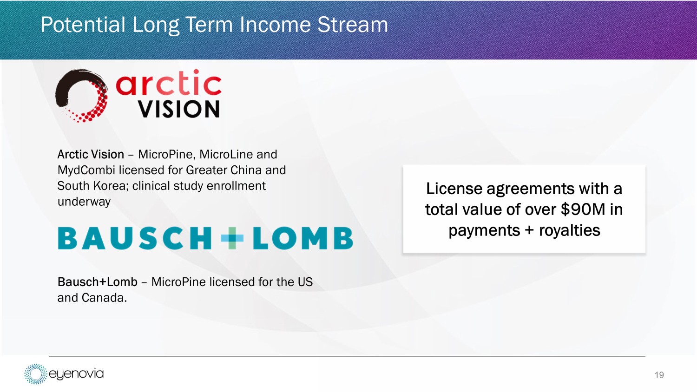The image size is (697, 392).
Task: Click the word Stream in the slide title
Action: pos(352,25)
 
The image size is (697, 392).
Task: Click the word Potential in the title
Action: pos(83,25)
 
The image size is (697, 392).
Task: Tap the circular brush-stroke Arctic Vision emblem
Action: pos(82,96)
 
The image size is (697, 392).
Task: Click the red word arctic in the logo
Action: pos(169,82)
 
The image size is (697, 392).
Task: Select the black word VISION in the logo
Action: pos(179,109)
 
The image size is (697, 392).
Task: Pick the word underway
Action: pos(84,202)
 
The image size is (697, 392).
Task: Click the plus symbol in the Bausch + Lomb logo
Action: pos(232,238)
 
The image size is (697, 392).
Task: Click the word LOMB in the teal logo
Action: pos(303,238)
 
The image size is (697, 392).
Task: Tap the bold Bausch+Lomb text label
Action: pos(98,282)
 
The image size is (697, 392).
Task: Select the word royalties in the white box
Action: pos(569,230)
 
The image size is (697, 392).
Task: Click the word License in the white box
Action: pos(454,189)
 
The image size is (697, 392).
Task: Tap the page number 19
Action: pos(659,375)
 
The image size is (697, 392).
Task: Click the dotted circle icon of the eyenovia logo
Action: pos(36,374)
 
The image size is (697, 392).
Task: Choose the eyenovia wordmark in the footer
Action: pos(76,373)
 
